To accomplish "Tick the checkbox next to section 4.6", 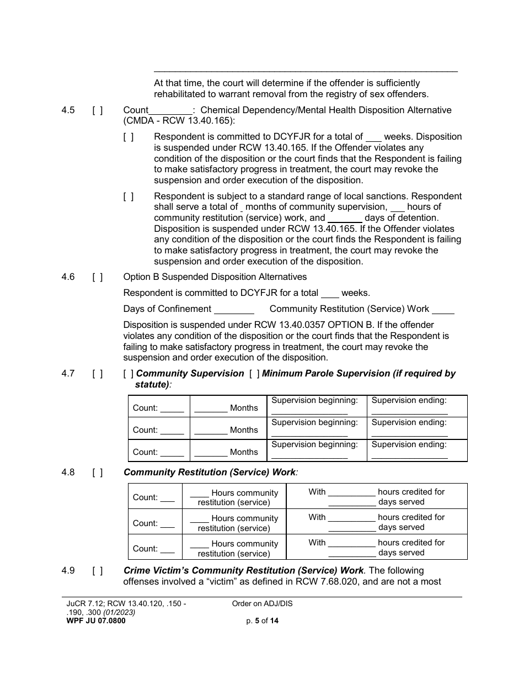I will pyautogui.click(x=97, y=277).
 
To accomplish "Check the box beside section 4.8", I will pyautogui.click(x=97, y=473).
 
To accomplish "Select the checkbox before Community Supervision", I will pyautogui.click(x=128, y=374).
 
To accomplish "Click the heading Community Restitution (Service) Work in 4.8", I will pyautogui.click(x=210, y=473).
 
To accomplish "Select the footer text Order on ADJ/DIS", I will pyautogui.click(x=263, y=604).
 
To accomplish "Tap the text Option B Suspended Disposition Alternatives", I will pyautogui.click(x=215, y=277).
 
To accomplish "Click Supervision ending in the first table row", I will pyautogui.click(x=409, y=401).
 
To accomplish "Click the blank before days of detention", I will pyautogui.click(x=345, y=219).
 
